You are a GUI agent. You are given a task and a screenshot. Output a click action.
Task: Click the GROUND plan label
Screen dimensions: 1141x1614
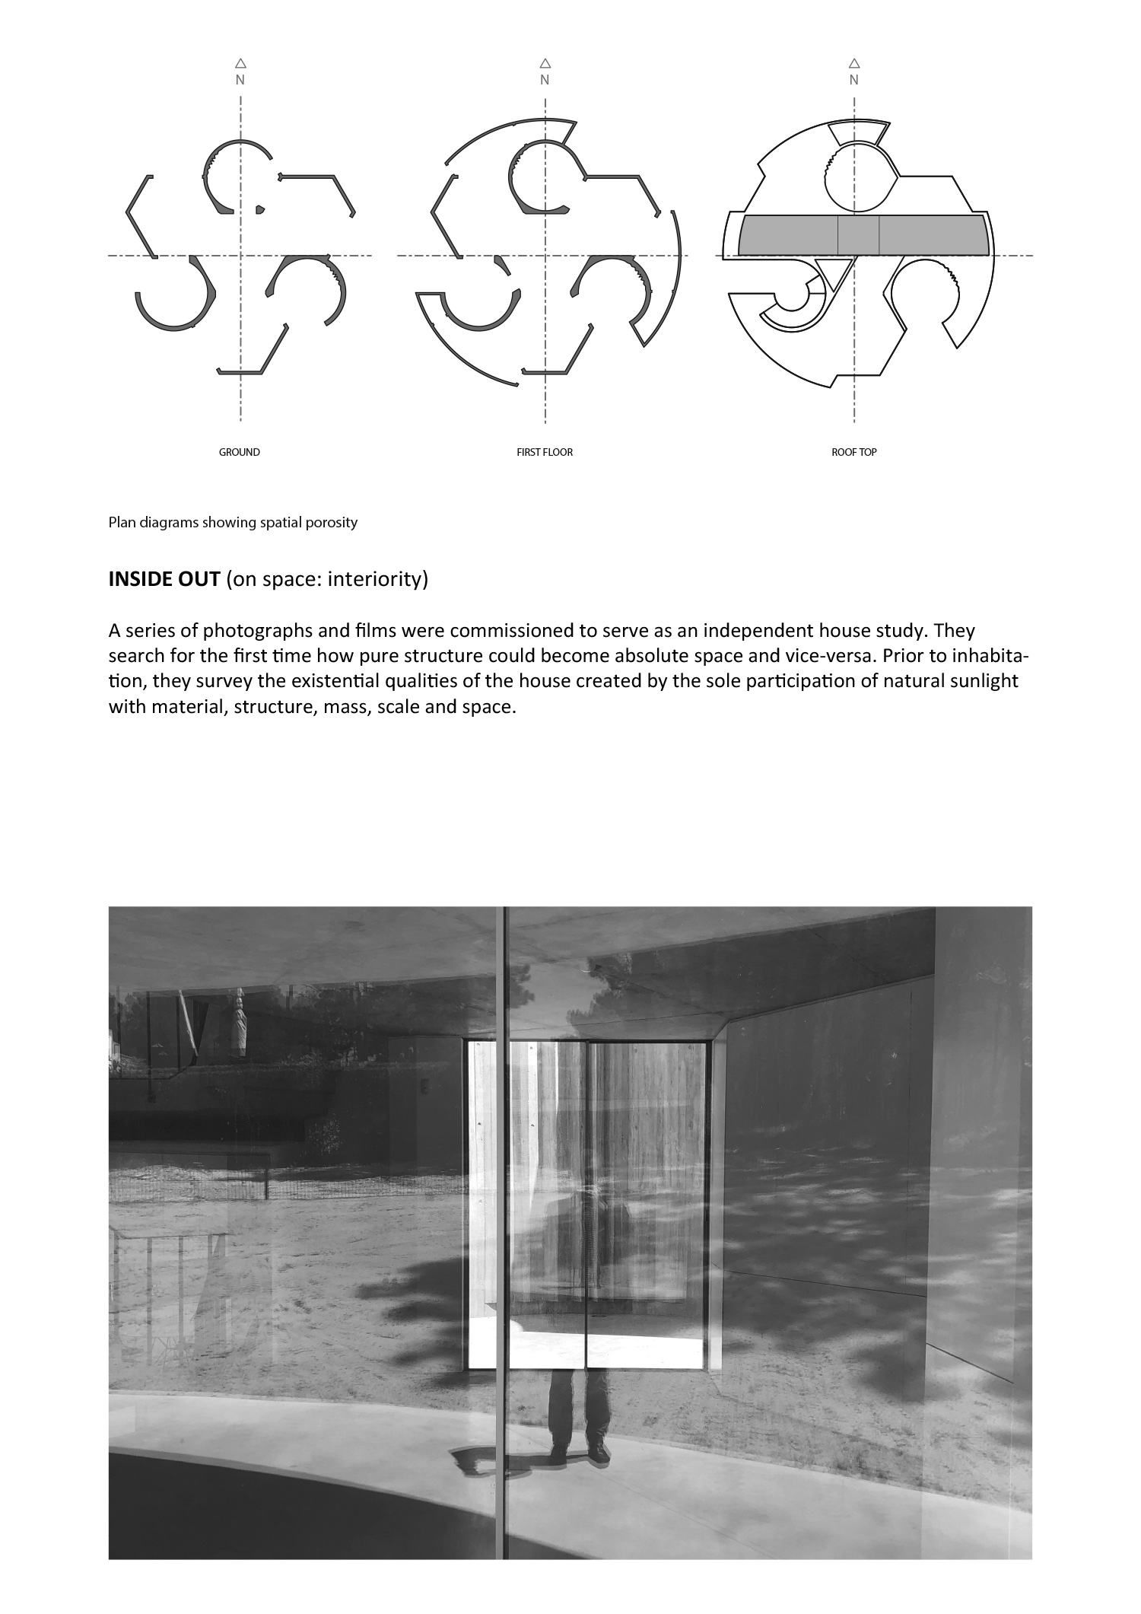click(x=240, y=452)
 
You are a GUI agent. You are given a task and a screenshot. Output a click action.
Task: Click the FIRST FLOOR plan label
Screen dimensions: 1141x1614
click(x=545, y=452)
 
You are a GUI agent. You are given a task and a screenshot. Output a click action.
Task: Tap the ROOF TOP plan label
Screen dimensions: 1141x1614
click(x=854, y=452)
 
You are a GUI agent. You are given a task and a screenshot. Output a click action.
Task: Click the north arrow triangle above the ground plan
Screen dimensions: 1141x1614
click(x=240, y=64)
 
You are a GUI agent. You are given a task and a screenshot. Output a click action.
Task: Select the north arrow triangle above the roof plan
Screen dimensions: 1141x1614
click(x=854, y=64)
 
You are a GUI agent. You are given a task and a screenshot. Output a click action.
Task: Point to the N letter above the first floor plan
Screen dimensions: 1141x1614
click(x=545, y=80)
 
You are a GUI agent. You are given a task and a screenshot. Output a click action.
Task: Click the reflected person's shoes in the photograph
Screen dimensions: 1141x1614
click(x=579, y=1454)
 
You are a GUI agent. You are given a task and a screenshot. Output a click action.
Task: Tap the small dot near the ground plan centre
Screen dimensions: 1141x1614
click(x=260, y=209)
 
